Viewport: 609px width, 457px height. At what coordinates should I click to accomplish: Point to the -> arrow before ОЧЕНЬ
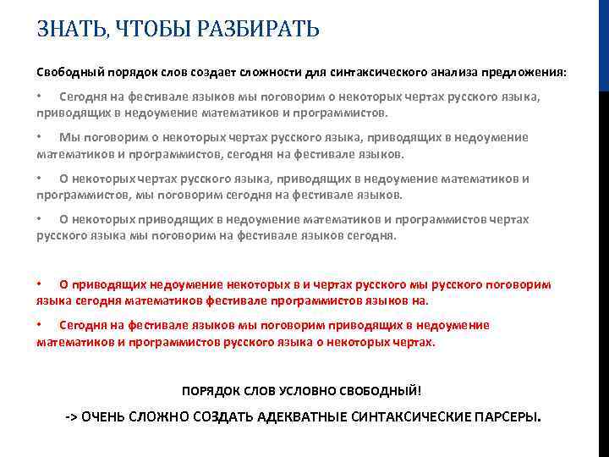coord(72,418)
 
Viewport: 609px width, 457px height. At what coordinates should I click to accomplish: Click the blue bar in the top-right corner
coord(603,42)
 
